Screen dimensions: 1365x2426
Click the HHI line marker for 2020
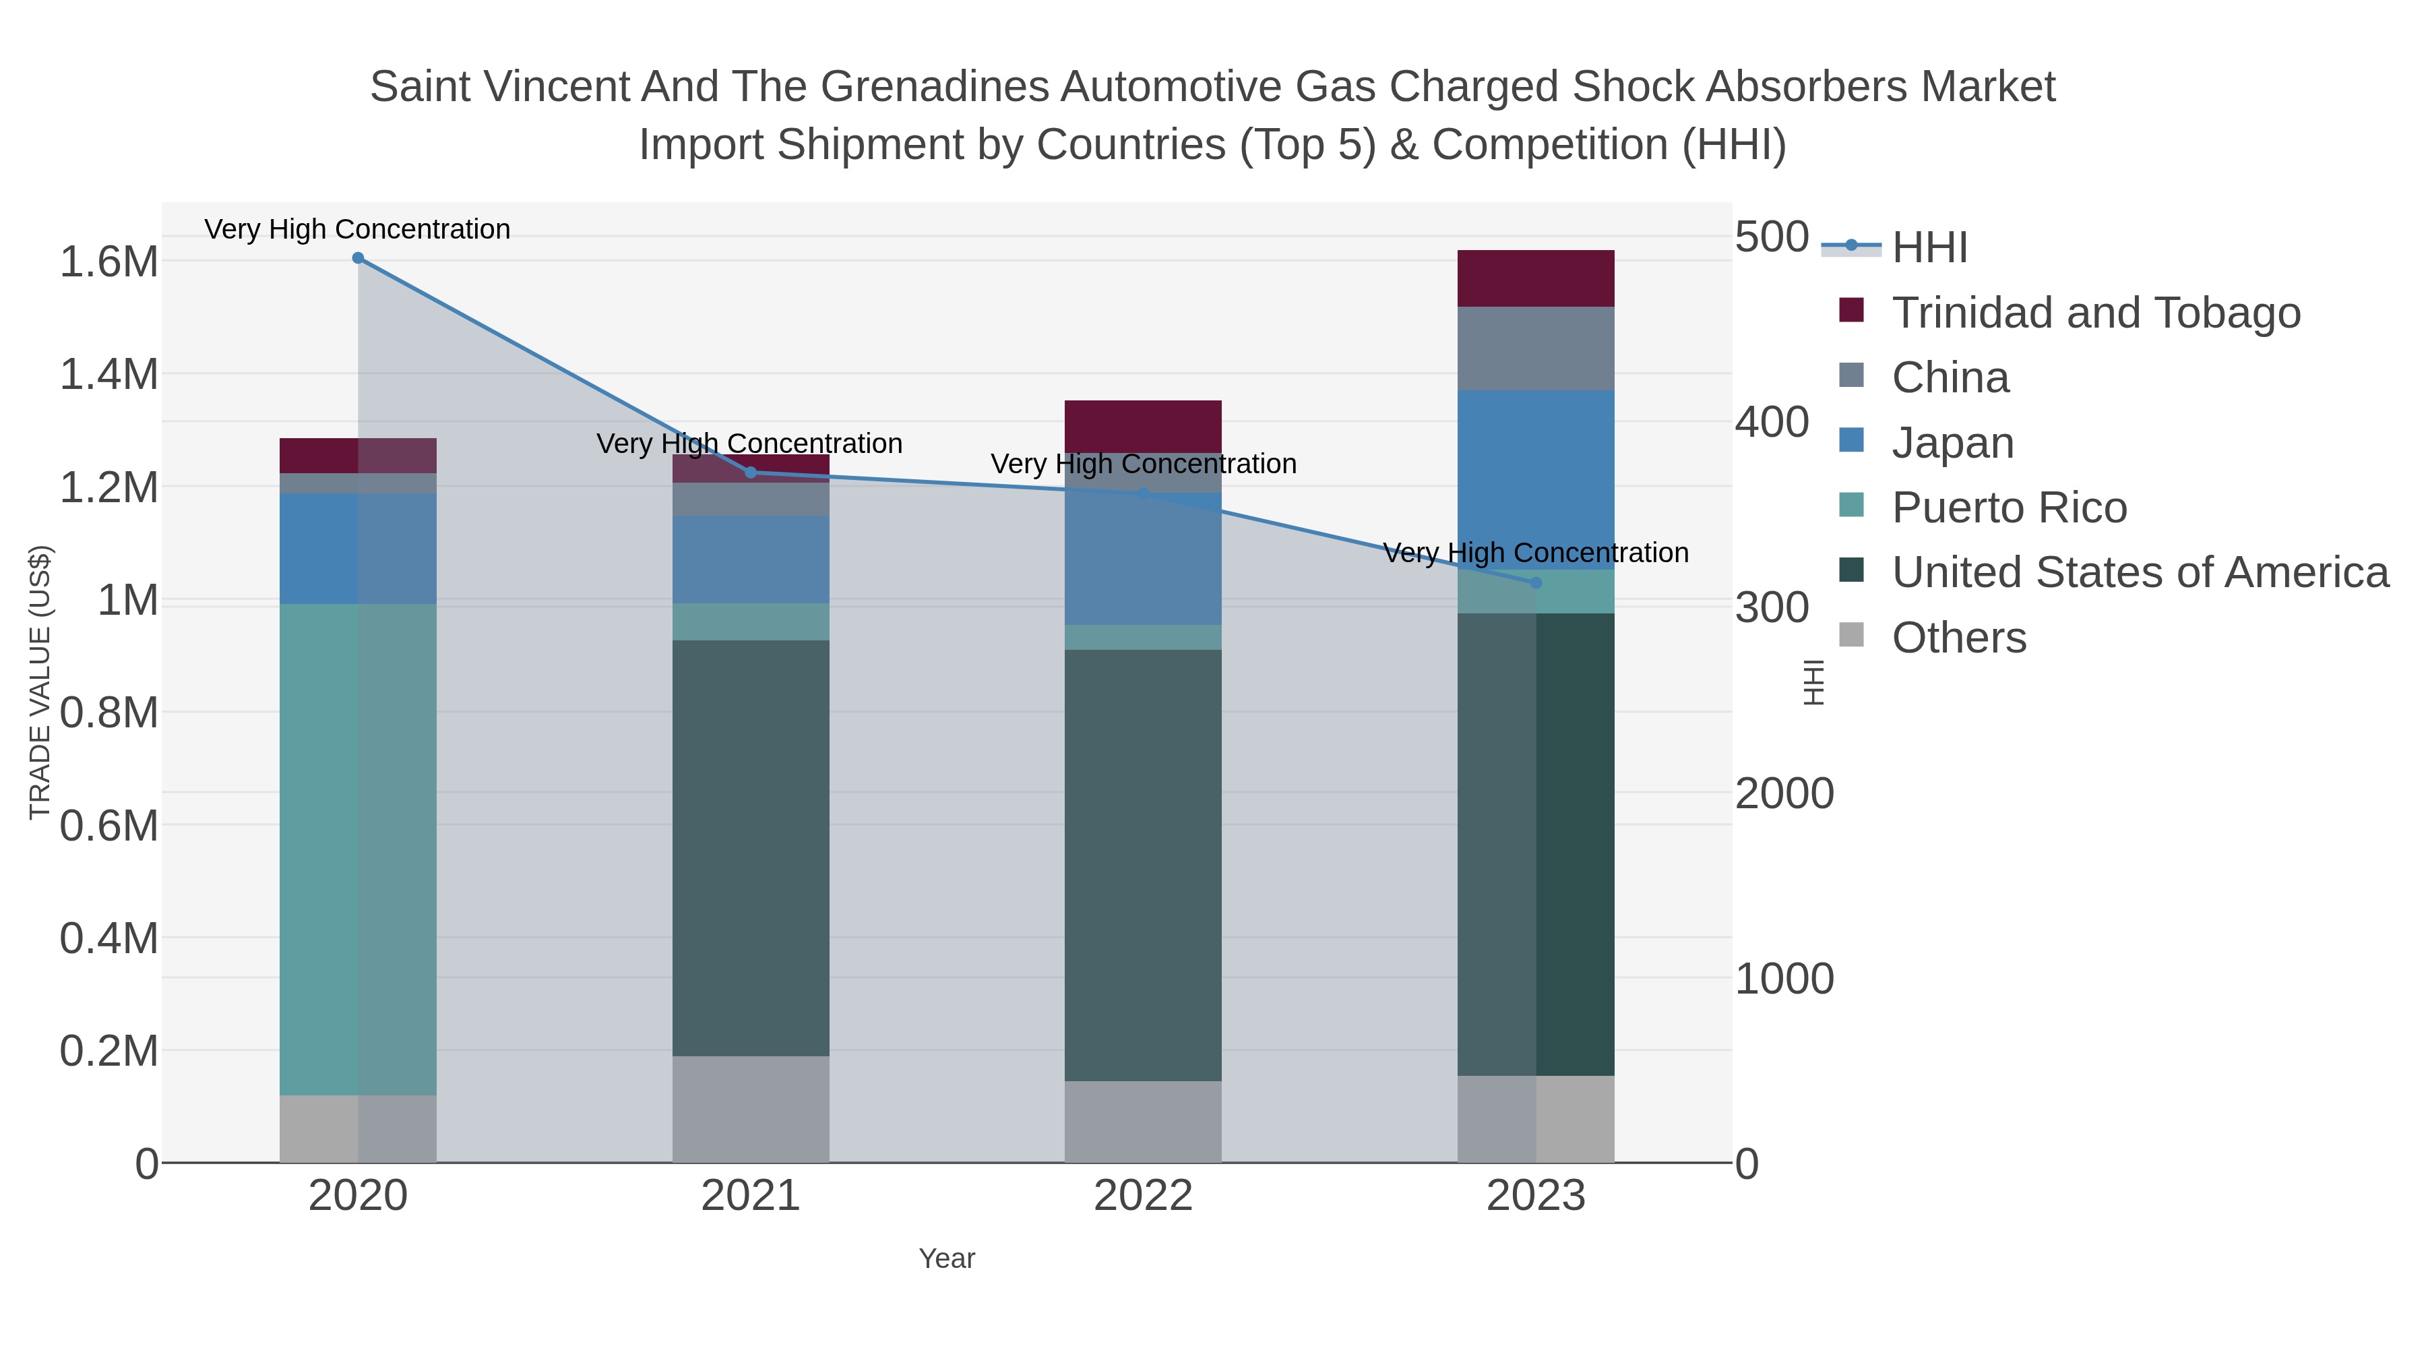click(358, 258)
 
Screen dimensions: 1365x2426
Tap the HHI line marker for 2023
click(1535, 583)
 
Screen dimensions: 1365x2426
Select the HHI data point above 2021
click(751, 473)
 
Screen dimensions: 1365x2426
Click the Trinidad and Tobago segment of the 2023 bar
click(1535, 279)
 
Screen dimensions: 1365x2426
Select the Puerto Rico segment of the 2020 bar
click(358, 848)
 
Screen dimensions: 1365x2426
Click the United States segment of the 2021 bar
click(751, 848)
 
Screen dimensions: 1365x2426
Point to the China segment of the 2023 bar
click(1535, 348)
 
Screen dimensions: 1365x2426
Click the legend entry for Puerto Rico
click(2009, 508)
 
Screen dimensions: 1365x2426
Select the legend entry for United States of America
click(2139, 573)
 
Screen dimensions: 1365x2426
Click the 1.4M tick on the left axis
click(109, 375)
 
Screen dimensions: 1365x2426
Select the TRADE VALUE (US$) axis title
click(40, 682)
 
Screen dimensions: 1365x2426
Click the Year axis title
click(947, 1258)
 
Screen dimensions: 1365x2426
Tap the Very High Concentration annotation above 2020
click(357, 230)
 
